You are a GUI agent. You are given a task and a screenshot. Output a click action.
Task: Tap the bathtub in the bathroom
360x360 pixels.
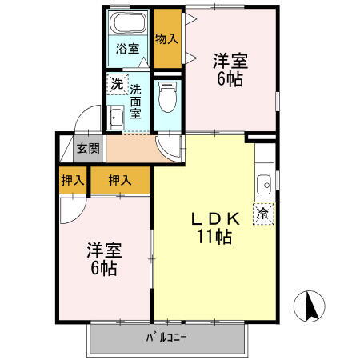[128, 24]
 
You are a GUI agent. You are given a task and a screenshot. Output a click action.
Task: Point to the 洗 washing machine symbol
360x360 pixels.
[116, 83]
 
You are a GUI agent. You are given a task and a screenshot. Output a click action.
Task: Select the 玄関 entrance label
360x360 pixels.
[88, 148]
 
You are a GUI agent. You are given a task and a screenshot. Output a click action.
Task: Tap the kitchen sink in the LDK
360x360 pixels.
[264, 187]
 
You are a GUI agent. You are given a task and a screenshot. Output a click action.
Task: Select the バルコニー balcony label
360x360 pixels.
[166, 336]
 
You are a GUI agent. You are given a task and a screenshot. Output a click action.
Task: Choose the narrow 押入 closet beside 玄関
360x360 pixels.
[73, 181]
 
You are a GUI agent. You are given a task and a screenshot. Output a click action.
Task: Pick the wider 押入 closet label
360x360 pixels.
[119, 181]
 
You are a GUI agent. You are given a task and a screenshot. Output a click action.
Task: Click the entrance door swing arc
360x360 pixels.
[81, 128]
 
